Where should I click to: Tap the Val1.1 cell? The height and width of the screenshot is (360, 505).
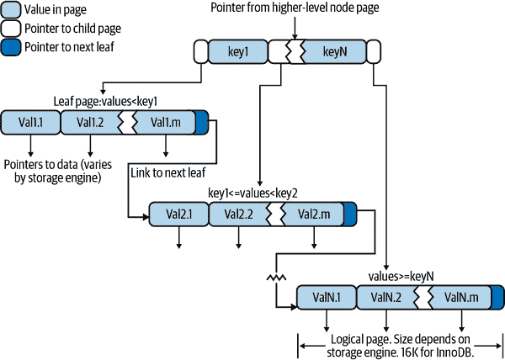31,123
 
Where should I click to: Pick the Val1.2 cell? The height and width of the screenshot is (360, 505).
90,123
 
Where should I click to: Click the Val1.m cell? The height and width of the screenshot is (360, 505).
166,123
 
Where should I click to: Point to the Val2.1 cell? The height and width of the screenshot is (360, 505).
178,214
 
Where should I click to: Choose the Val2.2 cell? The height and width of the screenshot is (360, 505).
239,214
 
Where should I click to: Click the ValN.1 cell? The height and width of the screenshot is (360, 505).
326,297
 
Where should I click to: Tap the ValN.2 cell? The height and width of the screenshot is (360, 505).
386,297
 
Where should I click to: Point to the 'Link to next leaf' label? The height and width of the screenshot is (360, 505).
167,172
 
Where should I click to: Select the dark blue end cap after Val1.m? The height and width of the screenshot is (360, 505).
202,123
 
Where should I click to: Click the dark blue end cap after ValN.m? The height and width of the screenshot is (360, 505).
497,297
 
